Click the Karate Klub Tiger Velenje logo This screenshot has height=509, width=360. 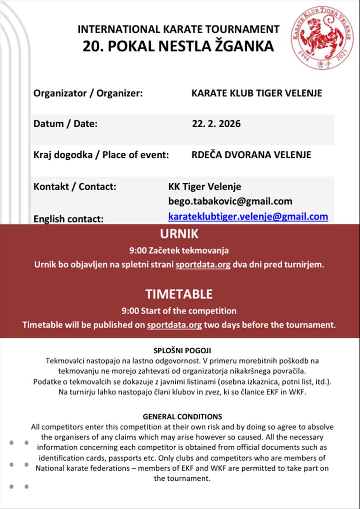(x=322, y=38)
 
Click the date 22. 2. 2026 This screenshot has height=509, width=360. (x=216, y=124)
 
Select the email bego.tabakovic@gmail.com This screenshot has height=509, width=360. (x=230, y=201)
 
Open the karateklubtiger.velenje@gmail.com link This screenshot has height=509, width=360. (x=248, y=217)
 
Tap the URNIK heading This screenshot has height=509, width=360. (x=179, y=234)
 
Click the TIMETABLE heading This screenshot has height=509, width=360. (x=179, y=294)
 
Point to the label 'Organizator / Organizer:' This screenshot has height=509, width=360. (x=88, y=93)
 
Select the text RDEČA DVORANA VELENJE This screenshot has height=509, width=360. (x=251, y=155)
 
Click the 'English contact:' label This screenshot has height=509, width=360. (x=68, y=219)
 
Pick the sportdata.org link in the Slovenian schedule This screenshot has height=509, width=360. (x=203, y=265)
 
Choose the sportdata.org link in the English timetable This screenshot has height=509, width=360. (x=174, y=325)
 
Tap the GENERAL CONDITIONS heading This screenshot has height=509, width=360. (x=182, y=417)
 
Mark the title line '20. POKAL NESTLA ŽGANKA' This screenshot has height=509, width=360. (x=178, y=46)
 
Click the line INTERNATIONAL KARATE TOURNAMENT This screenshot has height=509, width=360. (x=178, y=29)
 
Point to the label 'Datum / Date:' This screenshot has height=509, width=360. (x=65, y=124)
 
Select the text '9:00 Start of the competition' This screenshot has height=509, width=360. (x=179, y=311)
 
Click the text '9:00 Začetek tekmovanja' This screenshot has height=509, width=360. (x=179, y=250)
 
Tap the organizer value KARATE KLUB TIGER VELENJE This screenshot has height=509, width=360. (x=257, y=93)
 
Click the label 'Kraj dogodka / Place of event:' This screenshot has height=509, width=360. (x=101, y=155)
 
